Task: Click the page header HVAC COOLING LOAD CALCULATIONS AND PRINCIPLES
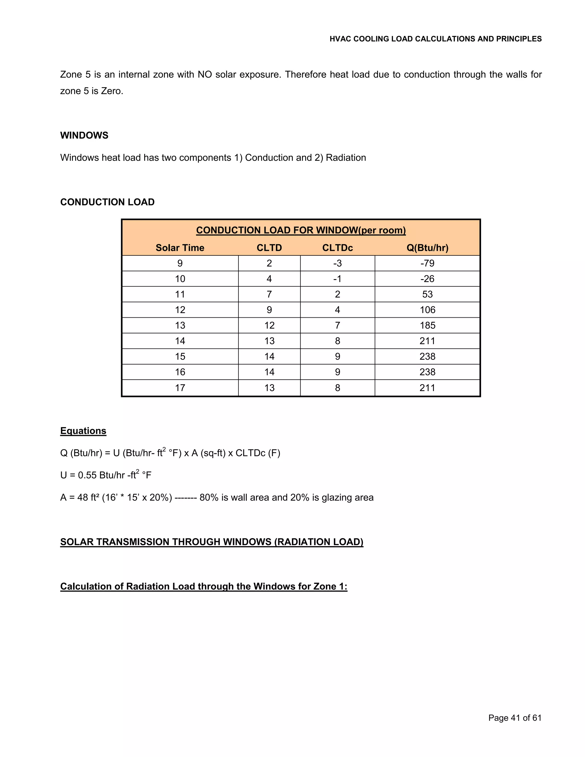click(435, 39)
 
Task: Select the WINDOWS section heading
click(84, 135)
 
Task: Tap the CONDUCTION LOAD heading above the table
click(107, 202)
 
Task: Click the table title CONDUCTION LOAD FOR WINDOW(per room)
click(301, 230)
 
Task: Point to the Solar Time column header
click(180, 248)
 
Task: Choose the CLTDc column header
click(337, 248)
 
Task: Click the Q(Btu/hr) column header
click(427, 248)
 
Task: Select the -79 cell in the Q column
click(427, 263)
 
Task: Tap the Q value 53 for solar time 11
click(427, 294)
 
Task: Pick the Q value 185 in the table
click(427, 325)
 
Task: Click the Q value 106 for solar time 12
click(427, 310)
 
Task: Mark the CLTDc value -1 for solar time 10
click(337, 279)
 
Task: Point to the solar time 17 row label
click(180, 388)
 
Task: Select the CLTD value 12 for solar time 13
click(269, 325)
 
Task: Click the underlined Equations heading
click(83, 431)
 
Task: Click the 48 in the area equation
click(83, 498)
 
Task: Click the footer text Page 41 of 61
click(515, 718)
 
